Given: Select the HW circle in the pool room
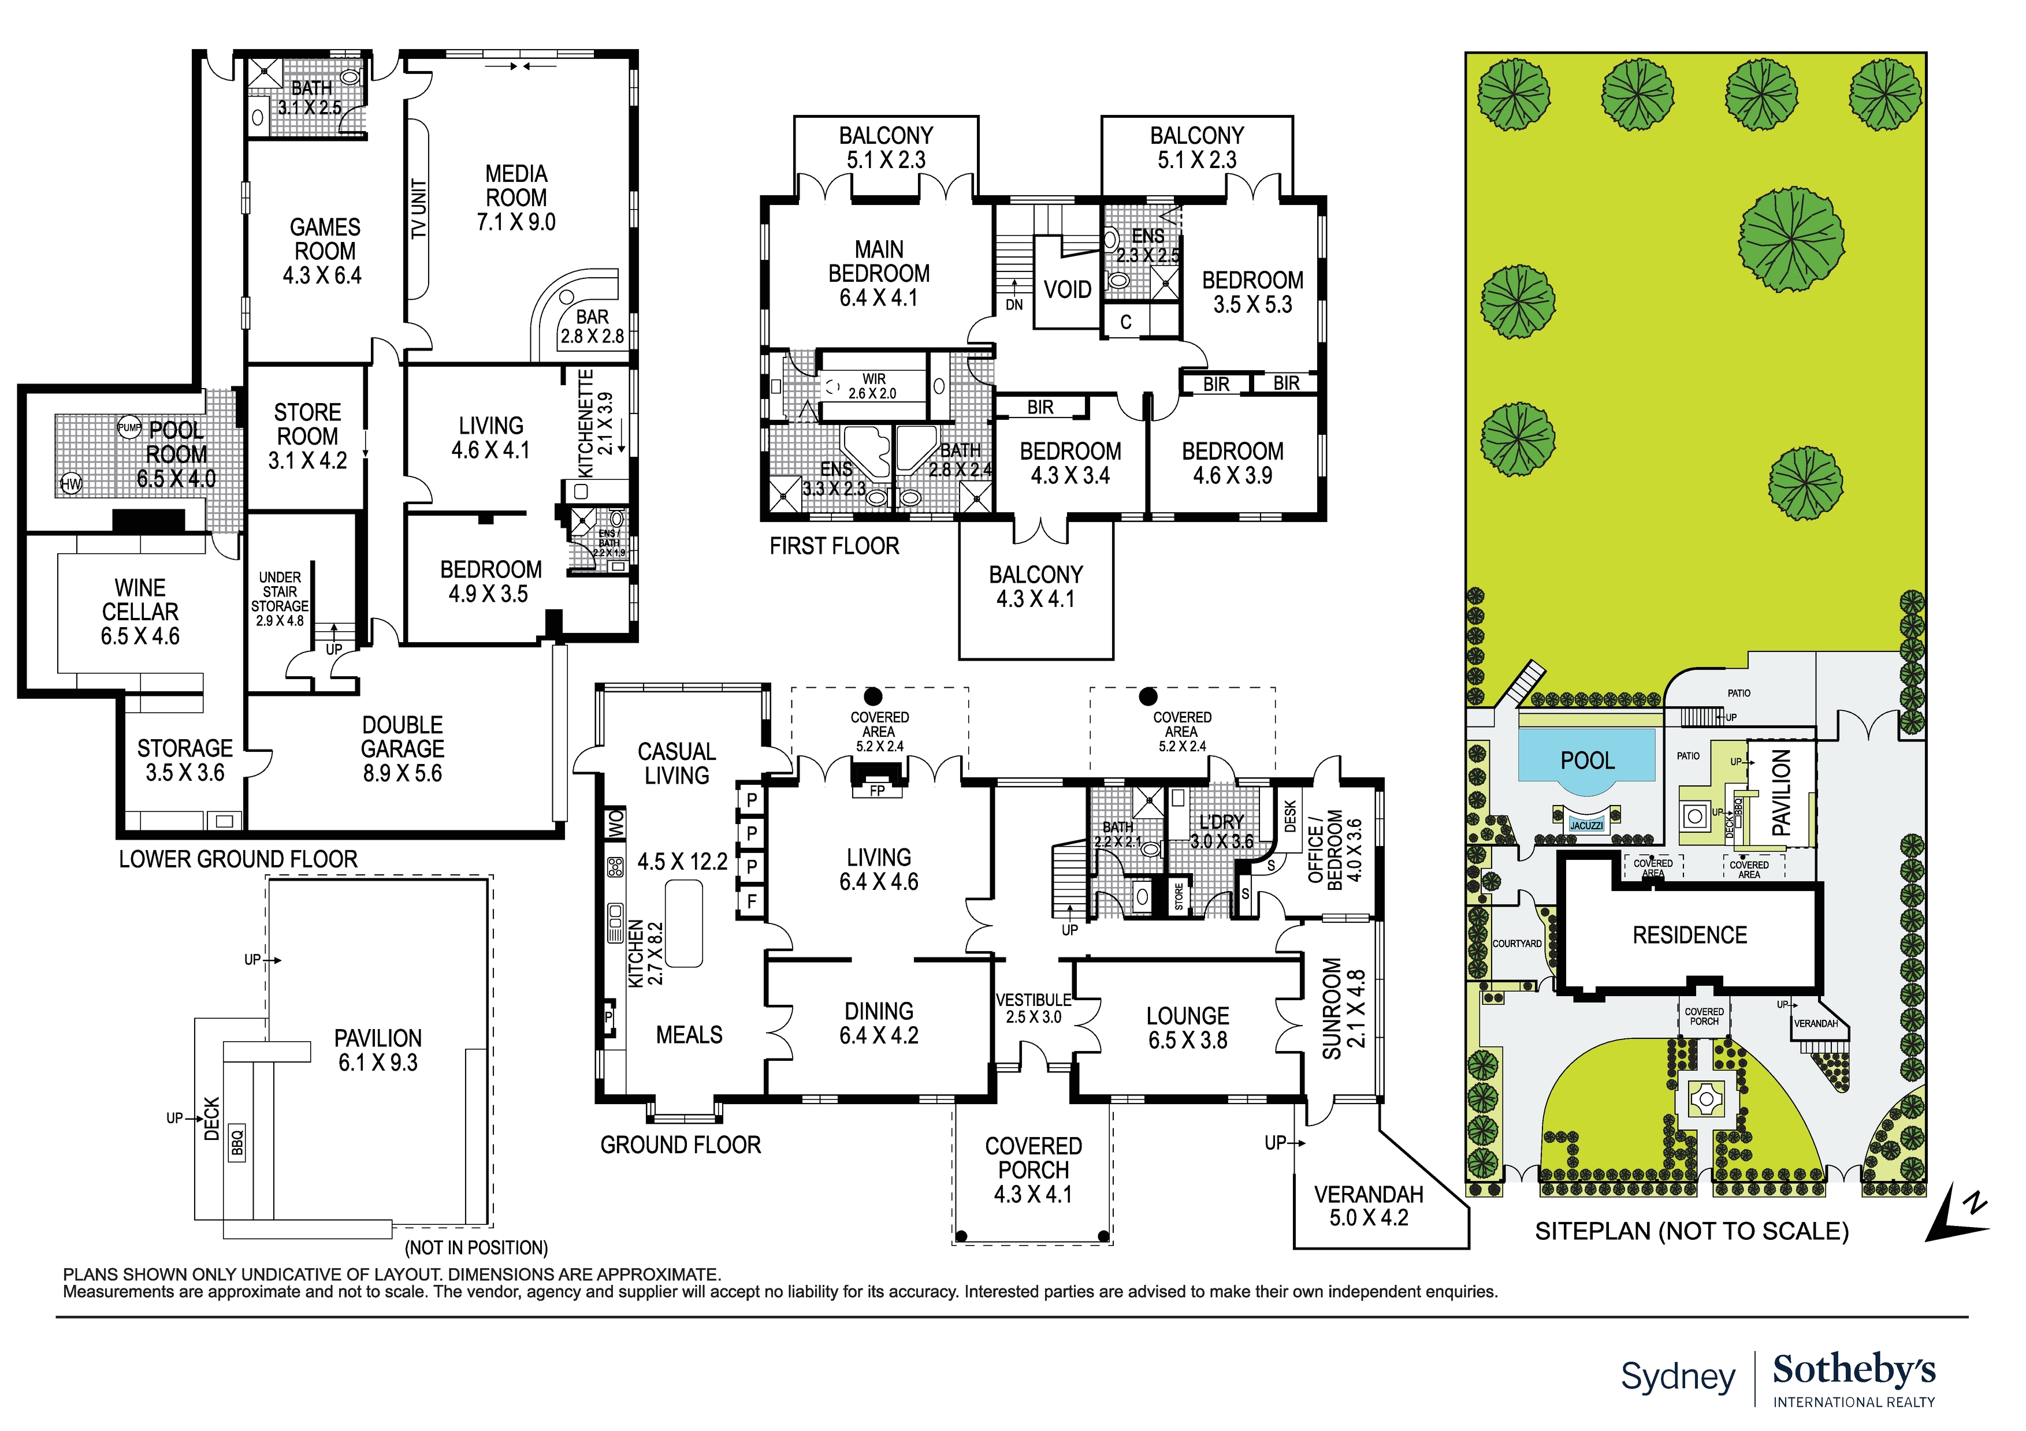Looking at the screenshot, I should (x=70, y=483).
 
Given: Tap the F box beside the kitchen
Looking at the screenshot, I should (x=752, y=901).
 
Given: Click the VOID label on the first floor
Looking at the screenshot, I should (x=1067, y=289).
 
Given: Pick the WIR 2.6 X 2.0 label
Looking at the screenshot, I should (x=873, y=386).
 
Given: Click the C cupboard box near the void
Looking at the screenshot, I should (x=1126, y=322).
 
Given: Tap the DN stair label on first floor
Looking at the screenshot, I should (x=1015, y=304).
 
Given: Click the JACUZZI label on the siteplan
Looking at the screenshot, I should (x=1586, y=826).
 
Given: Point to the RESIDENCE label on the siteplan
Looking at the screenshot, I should (x=1689, y=935).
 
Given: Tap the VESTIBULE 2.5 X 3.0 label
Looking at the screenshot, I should (x=1034, y=1008).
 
